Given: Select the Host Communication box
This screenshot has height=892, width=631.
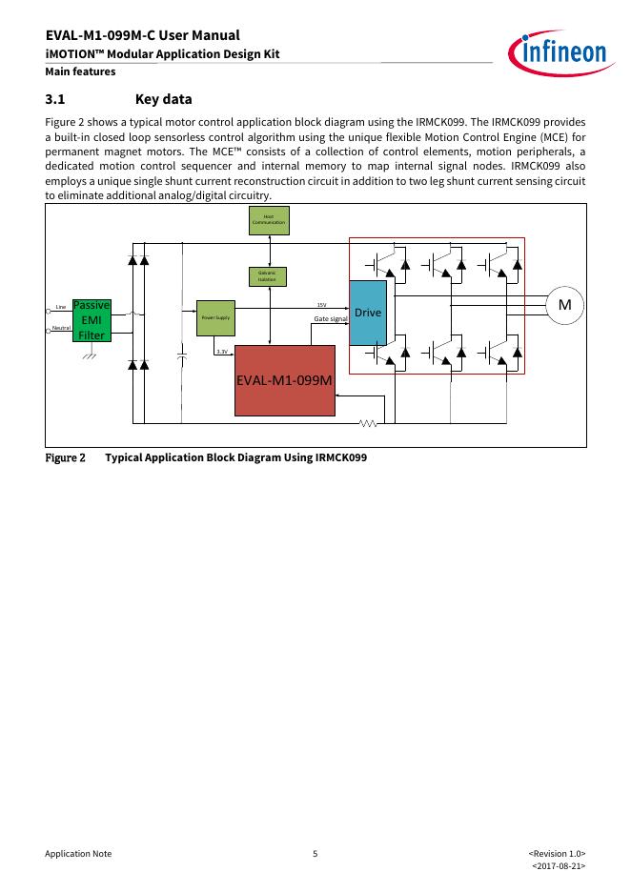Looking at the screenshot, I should coord(269,220).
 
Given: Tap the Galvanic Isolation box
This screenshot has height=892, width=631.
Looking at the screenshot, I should coord(268,276).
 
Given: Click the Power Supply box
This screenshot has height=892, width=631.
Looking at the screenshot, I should coord(214,317).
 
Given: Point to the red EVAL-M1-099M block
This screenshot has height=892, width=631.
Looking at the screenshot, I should coord(285,380).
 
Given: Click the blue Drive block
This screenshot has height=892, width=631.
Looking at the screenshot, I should coord(368,313).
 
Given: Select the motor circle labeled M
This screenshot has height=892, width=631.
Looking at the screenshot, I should coord(565,305).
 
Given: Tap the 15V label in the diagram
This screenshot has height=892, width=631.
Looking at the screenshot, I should coord(321,304).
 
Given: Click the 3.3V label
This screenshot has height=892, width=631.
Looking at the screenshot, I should coord(222,352).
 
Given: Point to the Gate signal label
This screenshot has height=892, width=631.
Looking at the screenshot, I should coord(331,318).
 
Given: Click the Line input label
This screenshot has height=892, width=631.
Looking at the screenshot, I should coord(60,307).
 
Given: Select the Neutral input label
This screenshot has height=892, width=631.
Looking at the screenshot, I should coord(62,328).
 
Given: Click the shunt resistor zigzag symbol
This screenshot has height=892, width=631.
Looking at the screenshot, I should coord(368,422).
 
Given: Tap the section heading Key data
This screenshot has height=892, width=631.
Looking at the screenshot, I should coord(164,98).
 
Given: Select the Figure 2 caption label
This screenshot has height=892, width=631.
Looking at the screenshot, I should coord(66,458).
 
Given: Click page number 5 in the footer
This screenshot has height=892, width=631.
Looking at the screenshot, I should coord(315,853).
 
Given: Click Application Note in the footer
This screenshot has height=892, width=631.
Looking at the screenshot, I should coord(78,853).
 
